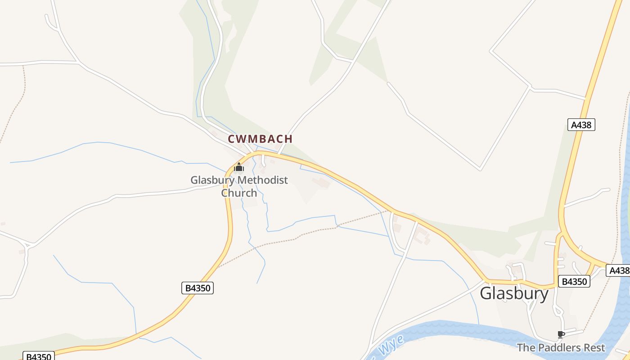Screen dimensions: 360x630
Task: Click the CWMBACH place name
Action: click(x=260, y=139)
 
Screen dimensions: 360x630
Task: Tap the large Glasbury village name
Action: click(x=514, y=294)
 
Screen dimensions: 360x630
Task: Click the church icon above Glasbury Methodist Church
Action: click(x=238, y=167)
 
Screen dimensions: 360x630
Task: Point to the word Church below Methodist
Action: click(x=239, y=193)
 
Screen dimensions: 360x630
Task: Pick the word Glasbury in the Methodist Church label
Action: click(x=212, y=180)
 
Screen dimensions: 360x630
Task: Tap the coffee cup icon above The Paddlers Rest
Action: click(x=561, y=334)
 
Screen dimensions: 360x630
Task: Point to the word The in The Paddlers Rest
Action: click(x=525, y=348)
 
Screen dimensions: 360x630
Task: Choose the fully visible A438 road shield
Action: click(x=581, y=125)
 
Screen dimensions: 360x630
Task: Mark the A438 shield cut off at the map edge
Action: click(x=619, y=270)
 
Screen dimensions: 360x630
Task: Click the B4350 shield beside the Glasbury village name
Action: click(x=574, y=282)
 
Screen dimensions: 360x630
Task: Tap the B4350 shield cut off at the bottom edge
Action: click(x=39, y=356)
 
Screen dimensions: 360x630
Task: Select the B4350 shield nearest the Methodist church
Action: click(x=197, y=288)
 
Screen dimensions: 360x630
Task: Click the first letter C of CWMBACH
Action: click(x=232, y=139)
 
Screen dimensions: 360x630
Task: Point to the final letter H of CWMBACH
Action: click(x=288, y=139)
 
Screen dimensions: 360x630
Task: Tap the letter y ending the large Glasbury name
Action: click(x=544, y=295)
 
